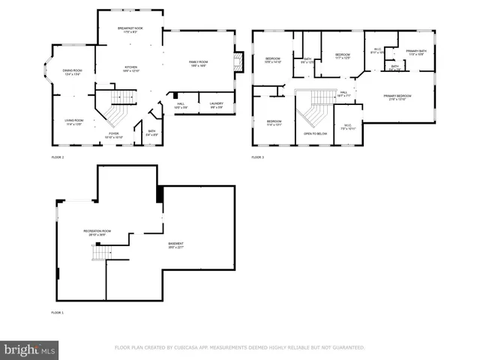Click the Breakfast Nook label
tap(130, 28)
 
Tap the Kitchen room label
tap(130, 67)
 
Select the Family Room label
tap(198, 63)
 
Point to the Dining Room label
tap(72, 71)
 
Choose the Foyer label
tap(113, 134)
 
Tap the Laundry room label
tap(217, 104)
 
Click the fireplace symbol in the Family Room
tap(239, 62)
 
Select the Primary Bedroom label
tap(397, 97)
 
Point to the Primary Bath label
tap(416, 52)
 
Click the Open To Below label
tap(315, 133)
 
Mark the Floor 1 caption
tap(58, 311)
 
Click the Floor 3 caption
tap(258, 157)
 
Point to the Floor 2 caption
tap(58, 157)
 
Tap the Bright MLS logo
tap(30, 349)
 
